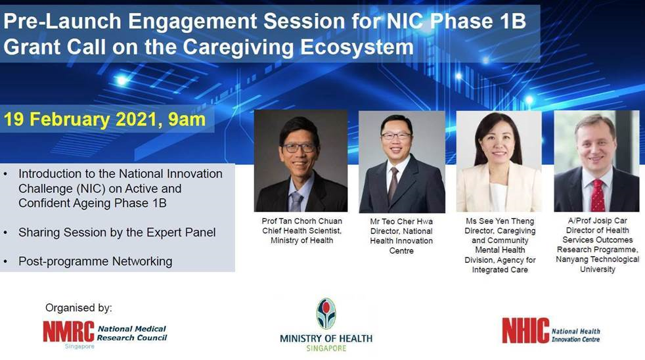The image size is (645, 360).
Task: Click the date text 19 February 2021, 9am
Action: click(x=104, y=120)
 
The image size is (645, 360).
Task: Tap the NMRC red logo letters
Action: click(x=69, y=332)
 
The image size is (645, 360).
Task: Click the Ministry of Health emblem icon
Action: click(x=326, y=313)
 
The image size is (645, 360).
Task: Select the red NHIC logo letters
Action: click(x=525, y=330)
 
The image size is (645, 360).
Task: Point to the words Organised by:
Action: click(x=79, y=307)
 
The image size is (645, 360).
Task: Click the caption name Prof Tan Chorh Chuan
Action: click(x=302, y=221)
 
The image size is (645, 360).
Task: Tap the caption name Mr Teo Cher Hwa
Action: click(x=401, y=221)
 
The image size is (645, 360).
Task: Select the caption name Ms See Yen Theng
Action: click(x=500, y=221)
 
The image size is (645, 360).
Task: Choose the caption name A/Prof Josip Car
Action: click(x=597, y=221)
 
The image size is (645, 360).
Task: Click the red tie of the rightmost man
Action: click(x=598, y=196)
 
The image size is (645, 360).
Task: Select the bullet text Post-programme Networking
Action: click(x=95, y=261)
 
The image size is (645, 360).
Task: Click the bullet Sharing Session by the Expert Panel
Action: click(x=117, y=233)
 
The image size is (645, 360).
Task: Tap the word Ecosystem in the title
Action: click(x=357, y=47)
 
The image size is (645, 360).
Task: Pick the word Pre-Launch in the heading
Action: click(x=62, y=22)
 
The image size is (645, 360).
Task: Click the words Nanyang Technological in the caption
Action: click(x=597, y=259)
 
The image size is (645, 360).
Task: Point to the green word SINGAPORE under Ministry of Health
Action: click(x=326, y=348)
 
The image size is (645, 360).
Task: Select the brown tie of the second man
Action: click(x=393, y=185)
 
